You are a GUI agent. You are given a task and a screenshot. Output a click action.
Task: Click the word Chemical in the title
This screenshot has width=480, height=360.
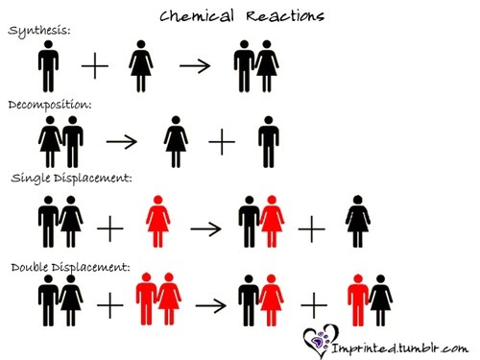click(197, 15)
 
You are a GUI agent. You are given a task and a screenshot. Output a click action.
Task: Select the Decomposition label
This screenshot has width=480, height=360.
click(49, 103)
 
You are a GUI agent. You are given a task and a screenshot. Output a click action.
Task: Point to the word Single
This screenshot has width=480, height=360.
click(31, 179)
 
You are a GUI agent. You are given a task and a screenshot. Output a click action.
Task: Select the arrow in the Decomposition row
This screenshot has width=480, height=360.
click(122, 140)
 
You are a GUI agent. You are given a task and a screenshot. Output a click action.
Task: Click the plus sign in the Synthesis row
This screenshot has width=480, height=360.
click(95, 66)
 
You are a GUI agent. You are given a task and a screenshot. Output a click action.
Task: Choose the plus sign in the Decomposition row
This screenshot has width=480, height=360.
click(221, 141)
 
